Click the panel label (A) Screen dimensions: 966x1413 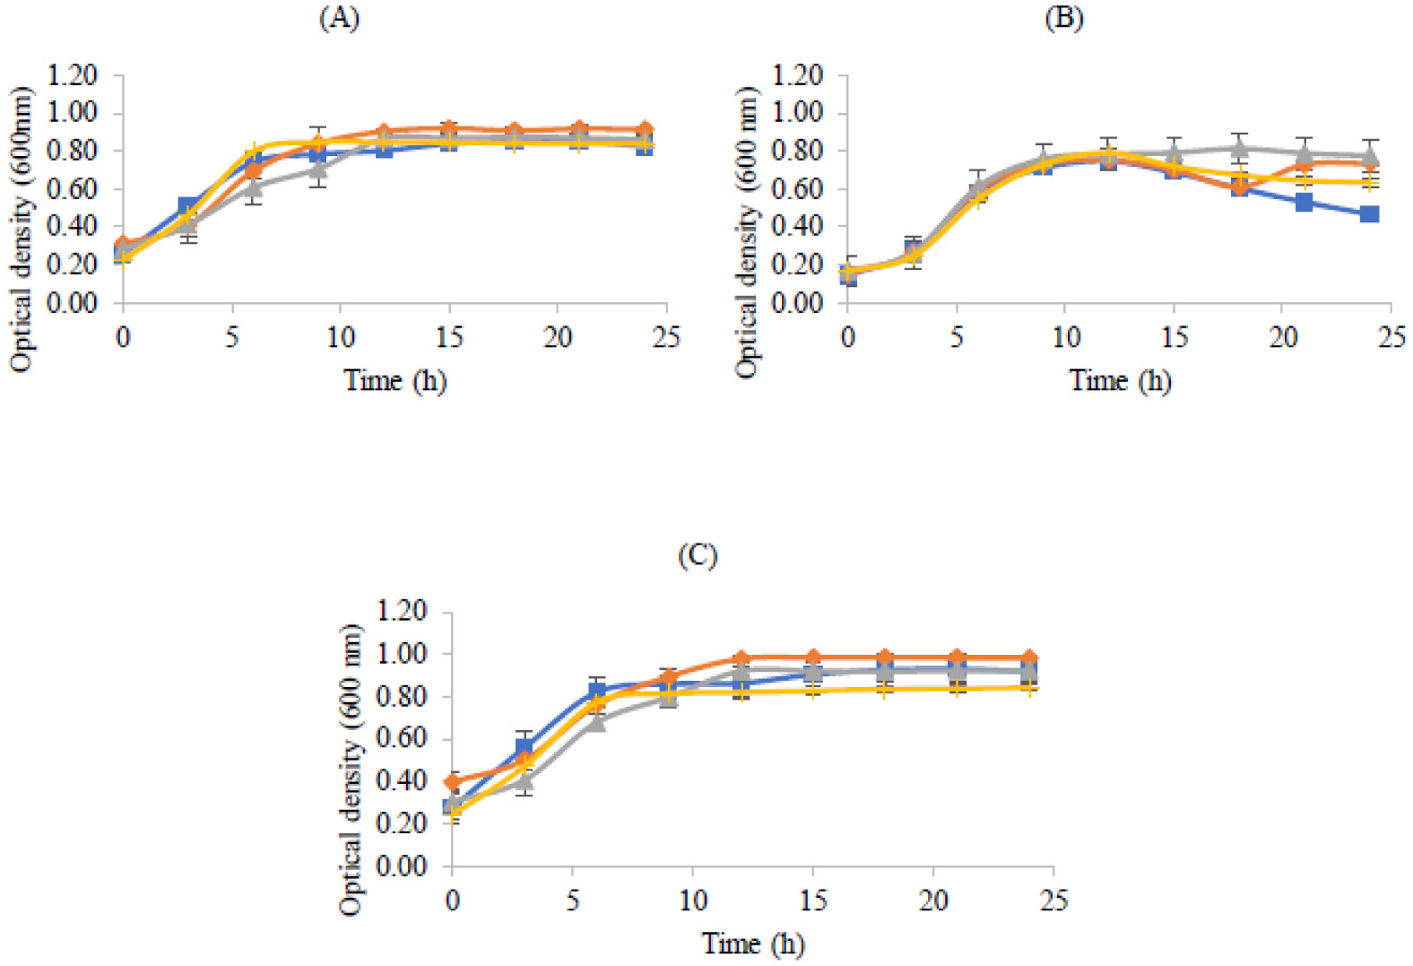click(339, 19)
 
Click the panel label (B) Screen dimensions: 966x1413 click(1064, 19)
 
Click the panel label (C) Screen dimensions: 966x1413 click(698, 556)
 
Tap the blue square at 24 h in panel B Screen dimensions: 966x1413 click(1369, 214)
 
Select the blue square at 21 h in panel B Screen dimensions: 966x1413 click(1304, 203)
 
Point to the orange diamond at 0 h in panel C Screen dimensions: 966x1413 click(453, 781)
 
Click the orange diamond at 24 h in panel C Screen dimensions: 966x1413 click(1029, 657)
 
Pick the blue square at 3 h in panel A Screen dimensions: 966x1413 click(188, 207)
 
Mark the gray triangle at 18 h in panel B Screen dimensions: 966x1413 click(1239, 148)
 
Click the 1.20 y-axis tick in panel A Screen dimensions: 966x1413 click(73, 75)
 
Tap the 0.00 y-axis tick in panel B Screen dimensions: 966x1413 click(798, 302)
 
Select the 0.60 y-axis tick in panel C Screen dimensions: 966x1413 click(402, 739)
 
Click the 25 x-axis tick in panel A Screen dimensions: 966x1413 click(666, 336)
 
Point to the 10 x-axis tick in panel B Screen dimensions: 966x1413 click(1065, 336)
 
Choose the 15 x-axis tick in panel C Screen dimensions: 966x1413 click(813, 900)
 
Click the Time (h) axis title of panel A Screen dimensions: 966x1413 click(395, 380)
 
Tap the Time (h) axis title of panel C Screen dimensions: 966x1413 click(753, 944)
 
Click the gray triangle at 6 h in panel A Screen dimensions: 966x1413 click(254, 187)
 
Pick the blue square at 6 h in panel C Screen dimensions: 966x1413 click(597, 692)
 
